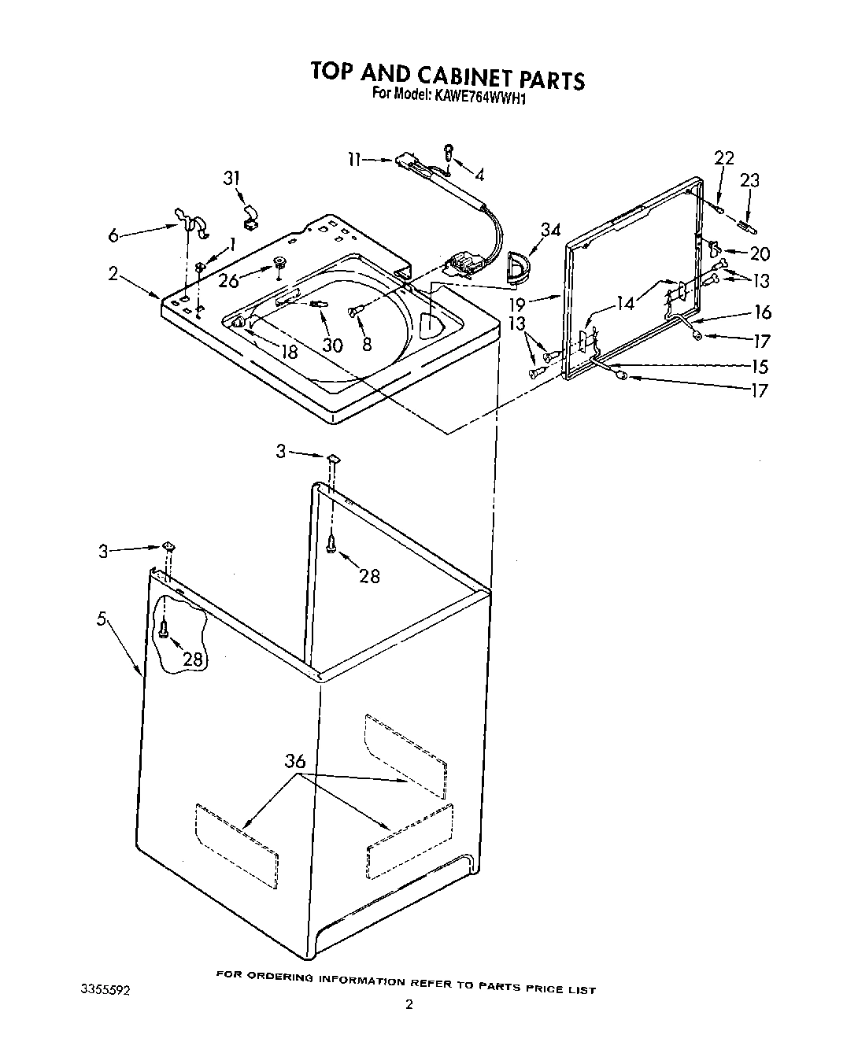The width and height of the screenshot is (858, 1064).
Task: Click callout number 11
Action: point(354,160)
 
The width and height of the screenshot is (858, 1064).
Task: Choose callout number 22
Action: point(723,158)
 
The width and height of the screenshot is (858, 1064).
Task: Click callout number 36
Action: point(295,761)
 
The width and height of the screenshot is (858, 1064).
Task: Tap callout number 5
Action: point(102,619)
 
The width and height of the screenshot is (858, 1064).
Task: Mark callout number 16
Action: point(762,312)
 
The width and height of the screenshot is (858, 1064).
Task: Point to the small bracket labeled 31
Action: point(250,217)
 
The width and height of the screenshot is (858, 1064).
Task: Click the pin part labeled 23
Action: point(746,227)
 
